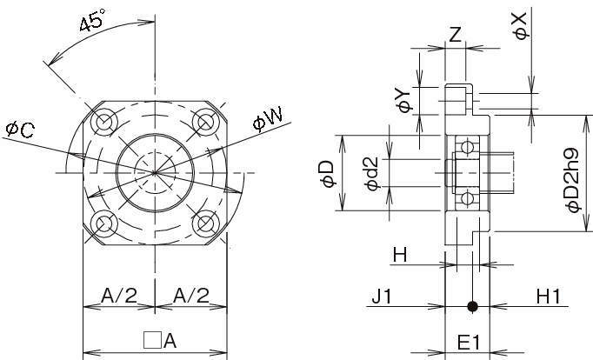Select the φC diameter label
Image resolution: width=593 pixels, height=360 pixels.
20,130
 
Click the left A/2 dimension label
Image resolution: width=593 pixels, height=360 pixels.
118,296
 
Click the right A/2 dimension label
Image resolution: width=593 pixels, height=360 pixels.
190,296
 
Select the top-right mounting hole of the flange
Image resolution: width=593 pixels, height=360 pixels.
204,120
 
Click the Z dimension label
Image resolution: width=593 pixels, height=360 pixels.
455,34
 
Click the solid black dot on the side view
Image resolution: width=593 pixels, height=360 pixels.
472,306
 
